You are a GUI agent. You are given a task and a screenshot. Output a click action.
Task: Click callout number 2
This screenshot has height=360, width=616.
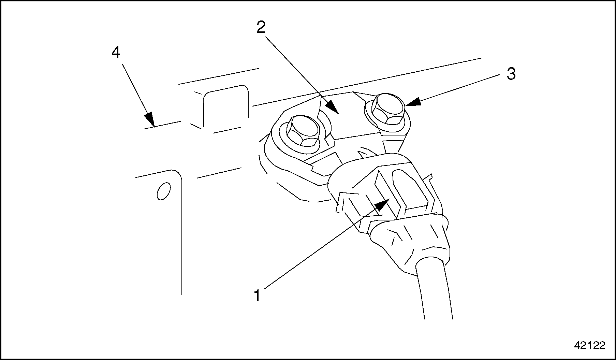[x=261, y=27]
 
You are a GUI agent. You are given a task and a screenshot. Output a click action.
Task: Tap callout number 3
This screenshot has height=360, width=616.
[x=511, y=74]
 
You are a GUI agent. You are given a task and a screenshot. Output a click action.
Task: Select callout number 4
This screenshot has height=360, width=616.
[x=116, y=53]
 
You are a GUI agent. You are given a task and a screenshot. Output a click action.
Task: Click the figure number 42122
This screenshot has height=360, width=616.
[x=590, y=345]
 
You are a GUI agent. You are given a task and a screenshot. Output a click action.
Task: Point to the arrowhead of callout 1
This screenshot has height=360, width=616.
[x=384, y=204]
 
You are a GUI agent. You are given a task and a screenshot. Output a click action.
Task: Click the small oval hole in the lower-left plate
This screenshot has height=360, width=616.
[x=163, y=191]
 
